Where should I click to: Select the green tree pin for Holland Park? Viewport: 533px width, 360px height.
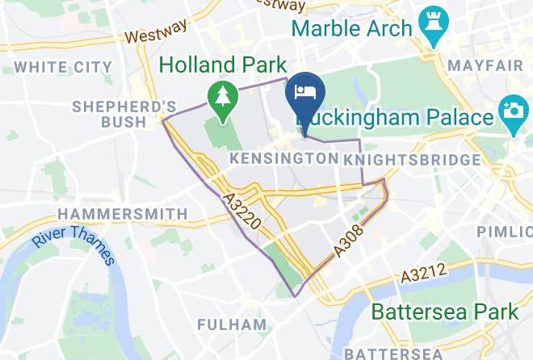tap(220, 98)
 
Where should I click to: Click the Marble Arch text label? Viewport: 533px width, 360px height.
tap(352, 28)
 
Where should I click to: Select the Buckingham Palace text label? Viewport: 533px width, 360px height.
tap(396, 118)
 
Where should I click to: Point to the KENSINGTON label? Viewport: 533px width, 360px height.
tap(283, 159)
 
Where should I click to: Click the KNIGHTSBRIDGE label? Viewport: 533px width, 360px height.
tap(411, 160)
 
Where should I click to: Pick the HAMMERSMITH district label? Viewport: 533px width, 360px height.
tap(123, 214)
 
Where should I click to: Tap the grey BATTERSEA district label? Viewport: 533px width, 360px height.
tap(393, 354)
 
